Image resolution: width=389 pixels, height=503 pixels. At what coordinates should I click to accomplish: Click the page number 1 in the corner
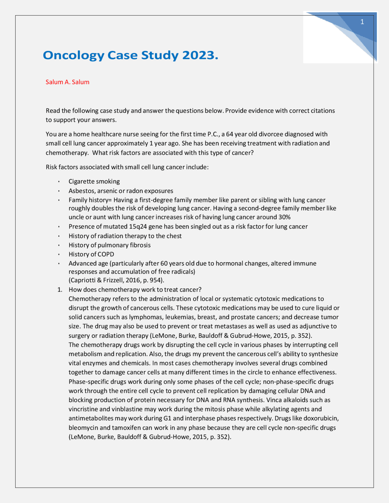[362, 22]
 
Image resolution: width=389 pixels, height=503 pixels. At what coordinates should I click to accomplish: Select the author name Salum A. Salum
[67, 82]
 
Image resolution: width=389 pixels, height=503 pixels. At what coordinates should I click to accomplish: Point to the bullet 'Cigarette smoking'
[94, 181]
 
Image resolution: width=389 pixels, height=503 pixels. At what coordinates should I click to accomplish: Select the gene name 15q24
[138, 227]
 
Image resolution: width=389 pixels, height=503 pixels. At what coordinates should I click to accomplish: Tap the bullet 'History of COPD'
[91, 254]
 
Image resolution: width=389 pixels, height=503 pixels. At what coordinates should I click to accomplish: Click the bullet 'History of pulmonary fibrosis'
[109, 245]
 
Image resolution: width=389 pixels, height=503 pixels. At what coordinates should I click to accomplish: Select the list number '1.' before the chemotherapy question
[60, 289]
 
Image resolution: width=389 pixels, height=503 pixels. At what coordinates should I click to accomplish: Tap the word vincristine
[83, 409]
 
